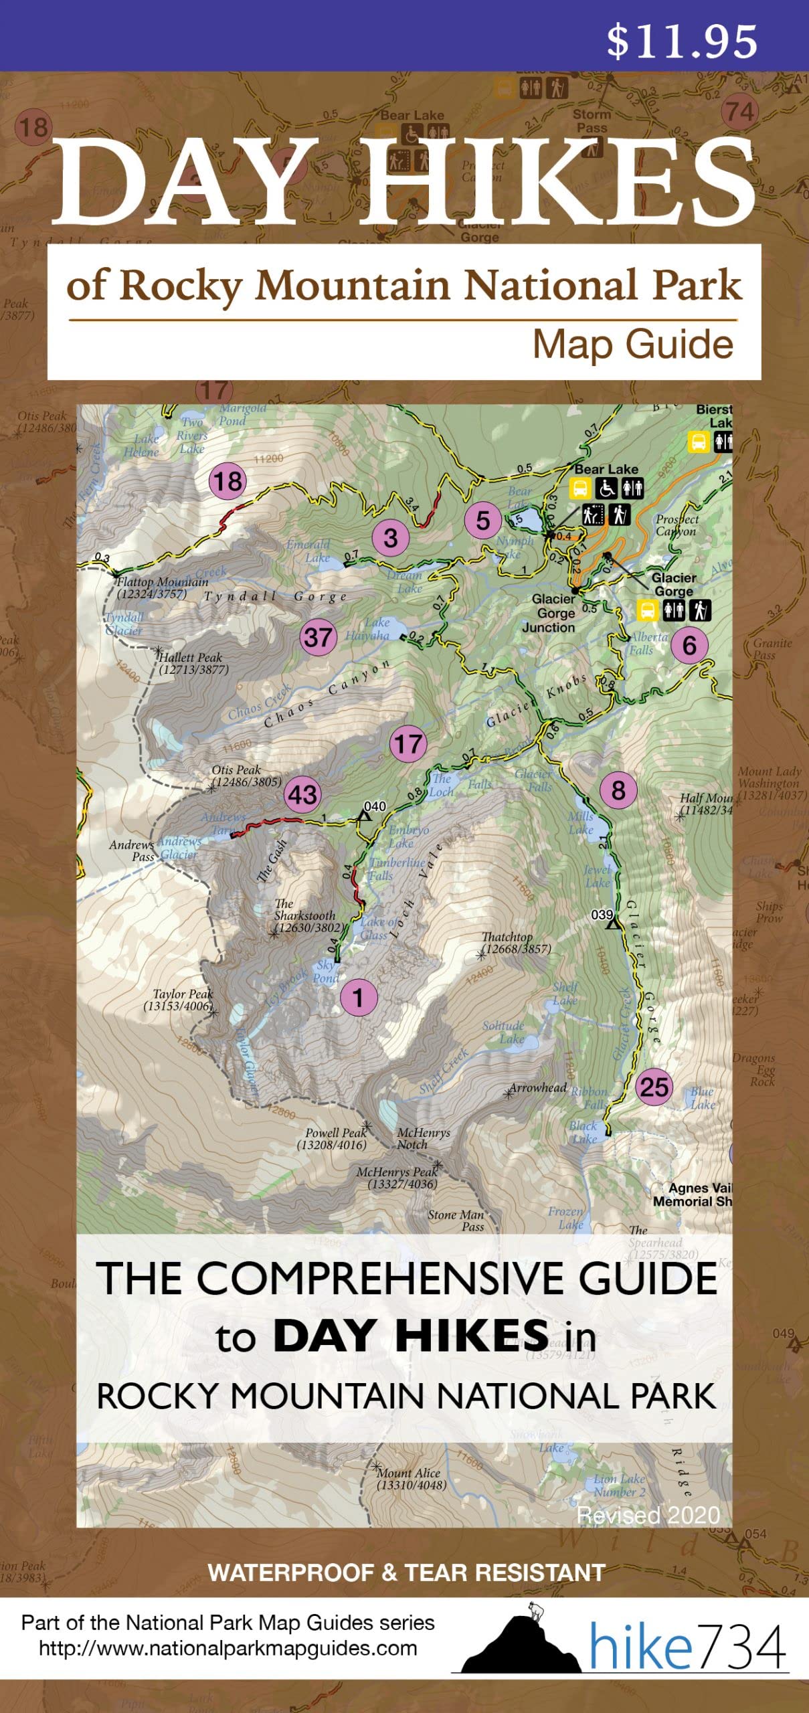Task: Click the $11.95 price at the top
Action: pyautogui.click(x=681, y=41)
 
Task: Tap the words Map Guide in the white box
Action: pyautogui.click(x=632, y=345)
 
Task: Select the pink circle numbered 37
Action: pyautogui.click(x=318, y=636)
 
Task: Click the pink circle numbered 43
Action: pyautogui.click(x=302, y=794)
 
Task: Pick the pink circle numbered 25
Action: pyautogui.click(x=654, y=1086)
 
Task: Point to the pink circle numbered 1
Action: pyautogui.click(x=359, y=998)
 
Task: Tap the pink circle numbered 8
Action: pyautogui.click(x=618, y=790)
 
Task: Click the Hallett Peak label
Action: pyautogui.click(x=192, y=663)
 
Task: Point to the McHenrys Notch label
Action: pyautogui.click(x=423, y=1138)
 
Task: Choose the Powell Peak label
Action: pyautogui.click(x=333, y=1138)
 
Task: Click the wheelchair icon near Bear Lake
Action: pyautogui.click(x=606, y=488)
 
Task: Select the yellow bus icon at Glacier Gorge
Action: pyautogui.click(x=647, y=610)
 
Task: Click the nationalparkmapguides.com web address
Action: pyautogui.click(x=228, y=1648)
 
